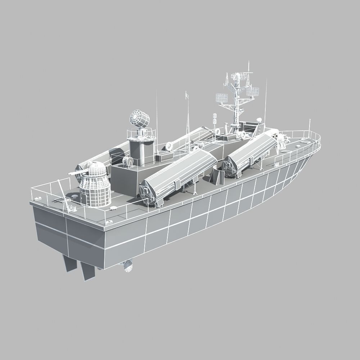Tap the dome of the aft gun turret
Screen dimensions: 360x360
pyautogui.click(x=95, y=169)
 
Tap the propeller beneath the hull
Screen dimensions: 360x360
pyautogui.click(x=127, y=267)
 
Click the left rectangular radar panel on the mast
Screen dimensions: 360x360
pyautogui.click(x=221, y=97)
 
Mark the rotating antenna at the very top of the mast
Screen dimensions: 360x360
pyautogui.click(x=237, y=76)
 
